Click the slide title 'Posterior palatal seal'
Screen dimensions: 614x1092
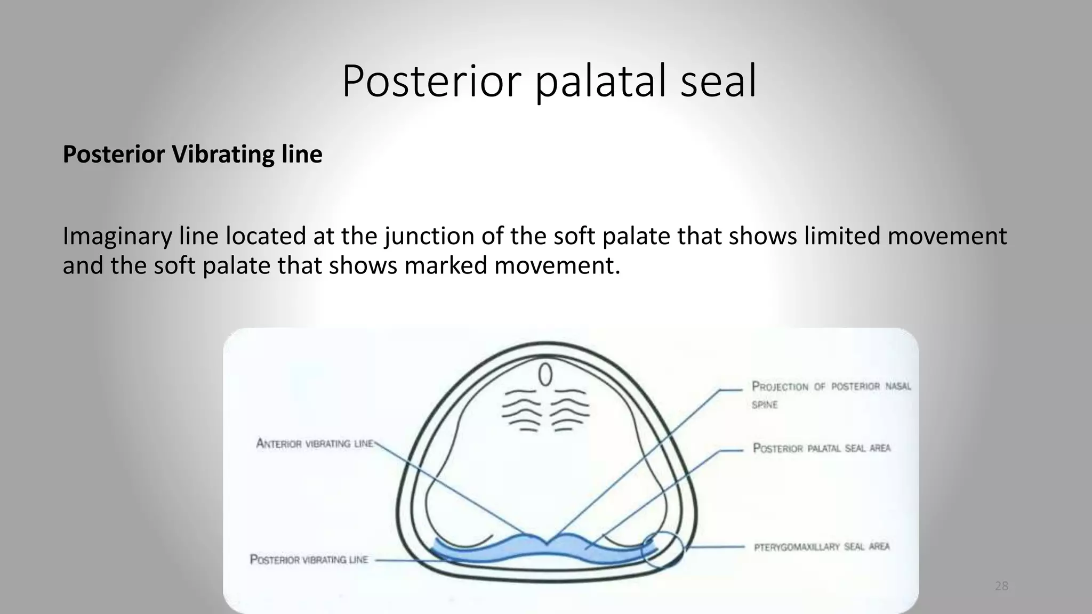pos(549,82)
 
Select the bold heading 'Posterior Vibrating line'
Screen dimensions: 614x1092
pos(192,155)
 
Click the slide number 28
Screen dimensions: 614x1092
pos(1001,586)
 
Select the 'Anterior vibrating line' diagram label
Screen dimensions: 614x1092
pos(315,443)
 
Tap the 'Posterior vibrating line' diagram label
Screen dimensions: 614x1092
pos(309,560)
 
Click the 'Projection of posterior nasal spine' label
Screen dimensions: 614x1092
pos(830,394)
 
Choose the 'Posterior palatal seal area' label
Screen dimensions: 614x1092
pos(821,448)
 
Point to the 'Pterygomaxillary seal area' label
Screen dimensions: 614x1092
pos(821,547)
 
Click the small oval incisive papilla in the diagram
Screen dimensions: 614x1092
pos(545,375)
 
